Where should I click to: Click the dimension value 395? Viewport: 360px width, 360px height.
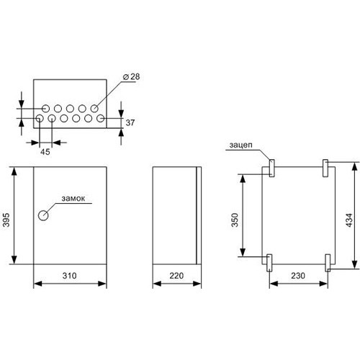coord(6,220)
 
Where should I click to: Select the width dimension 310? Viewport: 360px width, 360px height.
coord(70,276)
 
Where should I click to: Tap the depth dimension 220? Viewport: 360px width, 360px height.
coord(176,276)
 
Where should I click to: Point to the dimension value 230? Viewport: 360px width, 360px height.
coord(298,276)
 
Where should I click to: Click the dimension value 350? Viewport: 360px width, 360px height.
coord(235,220)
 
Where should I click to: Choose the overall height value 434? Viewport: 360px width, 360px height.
coord(349,220)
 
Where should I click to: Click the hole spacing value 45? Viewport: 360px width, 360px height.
coord(45,152)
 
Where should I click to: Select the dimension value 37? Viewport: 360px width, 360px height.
coord(130,122)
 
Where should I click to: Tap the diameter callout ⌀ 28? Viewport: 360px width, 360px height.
coord(131,76)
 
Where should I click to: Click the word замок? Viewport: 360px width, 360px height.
coord(73,199)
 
